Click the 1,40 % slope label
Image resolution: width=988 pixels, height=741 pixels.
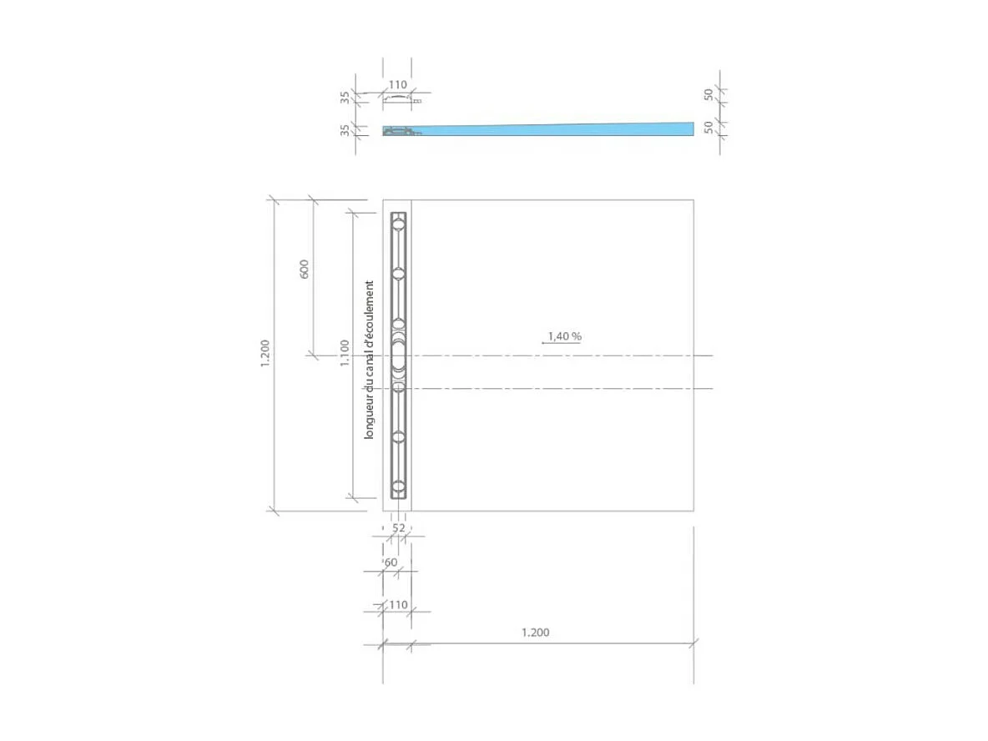coord(564,336)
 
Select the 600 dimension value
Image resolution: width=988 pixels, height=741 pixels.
coord(305,269)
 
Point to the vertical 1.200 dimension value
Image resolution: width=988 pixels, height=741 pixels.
coord(265,354)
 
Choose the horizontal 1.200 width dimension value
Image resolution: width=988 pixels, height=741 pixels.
coord(535,633)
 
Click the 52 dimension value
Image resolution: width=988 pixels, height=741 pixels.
coord(398,528)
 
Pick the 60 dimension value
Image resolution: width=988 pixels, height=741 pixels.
coord(391,562)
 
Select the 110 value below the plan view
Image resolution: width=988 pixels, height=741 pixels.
coord(398,604)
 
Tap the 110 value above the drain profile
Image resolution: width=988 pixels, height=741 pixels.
coord(398,84)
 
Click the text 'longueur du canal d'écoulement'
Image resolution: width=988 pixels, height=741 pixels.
coord(369,360)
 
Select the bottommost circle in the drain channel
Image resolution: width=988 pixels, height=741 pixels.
coord(399,486)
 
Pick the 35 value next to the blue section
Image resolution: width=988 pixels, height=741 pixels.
coord(345,130)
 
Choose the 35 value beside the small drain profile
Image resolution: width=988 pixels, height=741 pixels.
coord(345,98)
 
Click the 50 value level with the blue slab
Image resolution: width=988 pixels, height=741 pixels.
coord(708,127)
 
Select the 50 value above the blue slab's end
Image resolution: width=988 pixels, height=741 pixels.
coord(708,95)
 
